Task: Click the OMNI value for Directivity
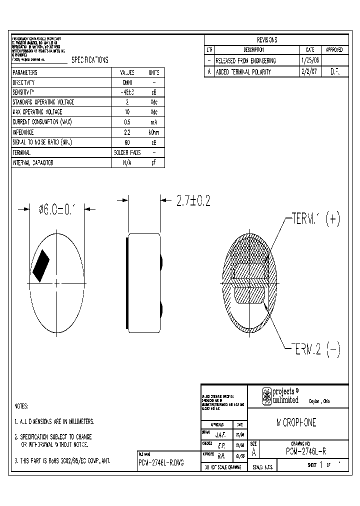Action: coord(127,82)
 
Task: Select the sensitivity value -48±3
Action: coord(127,92)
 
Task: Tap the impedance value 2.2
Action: coord(127,132)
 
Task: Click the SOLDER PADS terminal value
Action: coord(127,152)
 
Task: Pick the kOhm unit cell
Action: coord(154,132)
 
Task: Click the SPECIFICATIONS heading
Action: coord(89,60)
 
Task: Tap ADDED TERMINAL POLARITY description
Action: coord(243,71)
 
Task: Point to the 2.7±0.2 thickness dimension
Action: coord(192,201)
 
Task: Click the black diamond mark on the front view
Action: coord(41,264)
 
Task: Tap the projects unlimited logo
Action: coord(280,396)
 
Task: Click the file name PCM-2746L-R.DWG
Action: coord(161,463)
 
